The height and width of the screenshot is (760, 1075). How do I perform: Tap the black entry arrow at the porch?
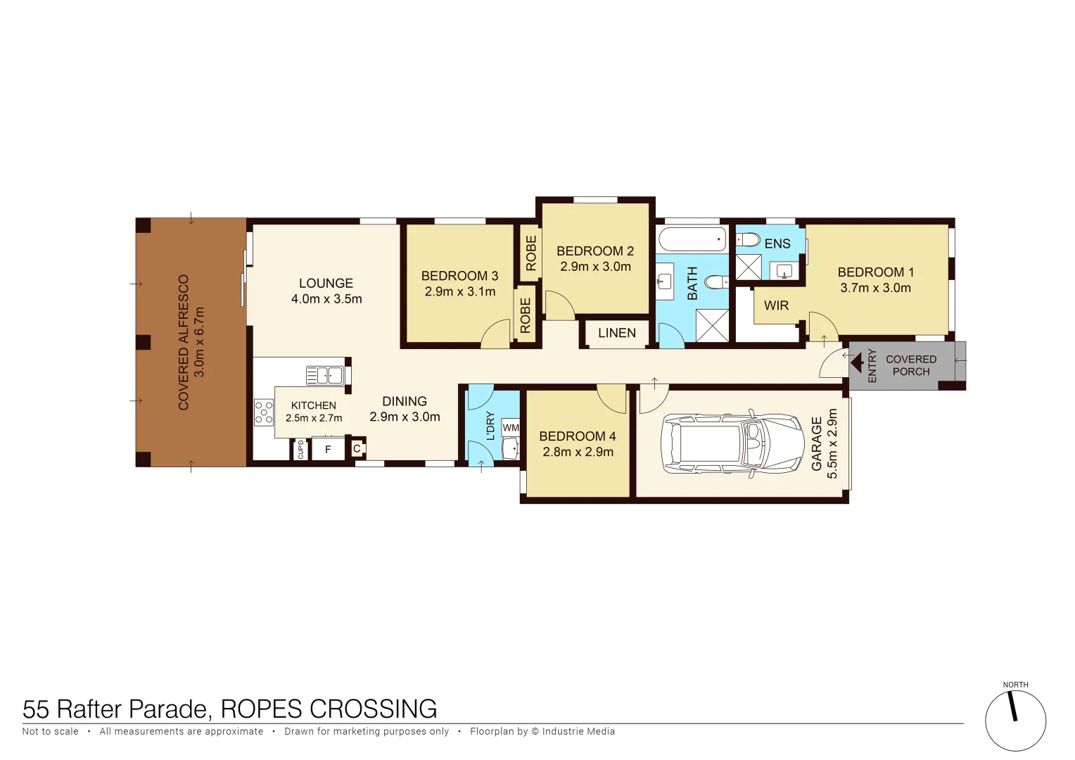[x=857, y=364]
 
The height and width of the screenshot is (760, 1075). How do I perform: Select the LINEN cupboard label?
[x=616, y=333]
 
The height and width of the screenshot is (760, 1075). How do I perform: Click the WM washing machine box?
[x=511, y=428]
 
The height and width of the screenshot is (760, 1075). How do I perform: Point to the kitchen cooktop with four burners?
[x=264, y=412]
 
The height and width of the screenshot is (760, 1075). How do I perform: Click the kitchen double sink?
[x=324, y=375]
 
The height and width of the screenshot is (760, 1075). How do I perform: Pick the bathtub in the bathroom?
[x=692, y=239]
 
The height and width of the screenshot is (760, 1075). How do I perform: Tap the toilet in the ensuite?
[x=749, y=241]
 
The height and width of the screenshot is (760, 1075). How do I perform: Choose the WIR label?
[x=776, y=305]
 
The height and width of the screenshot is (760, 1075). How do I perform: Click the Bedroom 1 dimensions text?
[x=875, y=288]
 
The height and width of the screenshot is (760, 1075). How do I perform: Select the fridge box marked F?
[x=328, y=449]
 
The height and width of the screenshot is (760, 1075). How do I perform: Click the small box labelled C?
[x=357, y=448]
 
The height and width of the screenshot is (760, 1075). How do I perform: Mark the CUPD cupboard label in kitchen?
[x=301, y=449]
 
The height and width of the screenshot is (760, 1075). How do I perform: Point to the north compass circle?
[x=1014, y=721]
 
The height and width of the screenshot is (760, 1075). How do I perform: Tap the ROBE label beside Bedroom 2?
[x=531, y=253]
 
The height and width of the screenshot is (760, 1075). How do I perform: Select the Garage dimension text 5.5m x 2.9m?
[x=832, y=444]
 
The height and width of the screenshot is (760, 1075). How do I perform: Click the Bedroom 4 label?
[x=577, y=436]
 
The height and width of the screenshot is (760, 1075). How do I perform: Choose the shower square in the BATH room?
[x=711, y=325]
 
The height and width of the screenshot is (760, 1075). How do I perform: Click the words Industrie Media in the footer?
[x=578, y=731]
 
